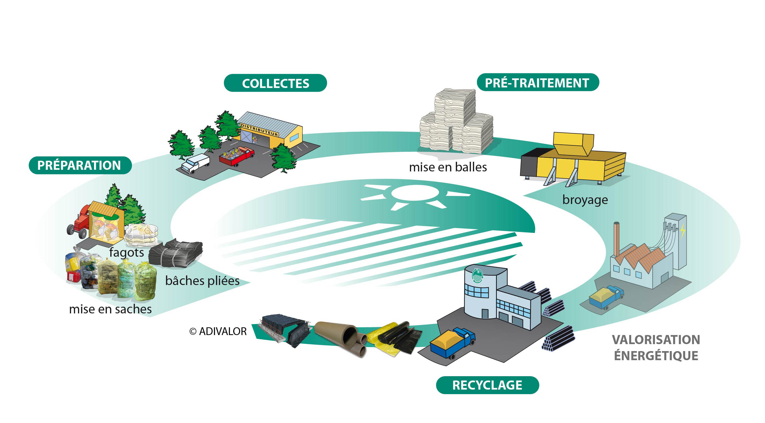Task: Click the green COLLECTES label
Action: click(275, 83)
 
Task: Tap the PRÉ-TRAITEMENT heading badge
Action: click(537, 83)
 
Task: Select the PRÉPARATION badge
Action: click(80, 165)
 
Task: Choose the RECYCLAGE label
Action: click(487, 385)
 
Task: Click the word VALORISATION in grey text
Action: click(656, 340)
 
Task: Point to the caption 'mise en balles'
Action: click(448, 167)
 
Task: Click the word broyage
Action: click(585, 200)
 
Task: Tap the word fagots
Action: click(127, 252)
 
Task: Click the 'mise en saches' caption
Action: click(110, 309)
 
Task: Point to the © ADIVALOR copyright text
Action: click(218, 331)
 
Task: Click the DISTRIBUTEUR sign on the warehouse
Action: click(259, 130)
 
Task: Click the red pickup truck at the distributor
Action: click(237, 155)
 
